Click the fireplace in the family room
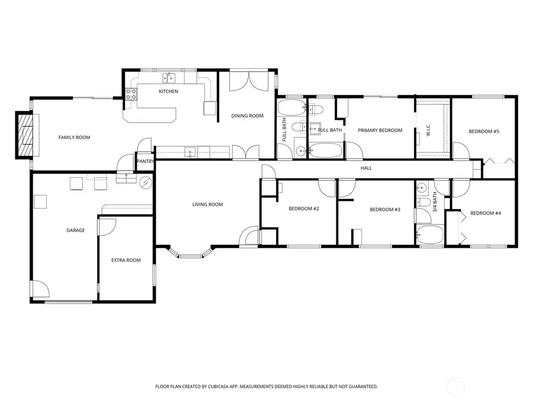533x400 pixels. [25, 136]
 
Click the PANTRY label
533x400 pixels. [145, 161]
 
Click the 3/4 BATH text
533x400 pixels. [435, 202]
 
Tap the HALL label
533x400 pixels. [367, 168]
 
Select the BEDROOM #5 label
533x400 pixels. [484, 131]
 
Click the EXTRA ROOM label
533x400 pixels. [126, 260]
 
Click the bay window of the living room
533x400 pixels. [191, 254]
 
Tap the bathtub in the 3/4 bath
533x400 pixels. [431, 235]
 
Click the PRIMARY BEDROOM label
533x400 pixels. [380, 130]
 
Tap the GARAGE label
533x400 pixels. [75, 230]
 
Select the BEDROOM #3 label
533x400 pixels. [385, 209]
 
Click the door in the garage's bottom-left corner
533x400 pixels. [40, 290]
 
